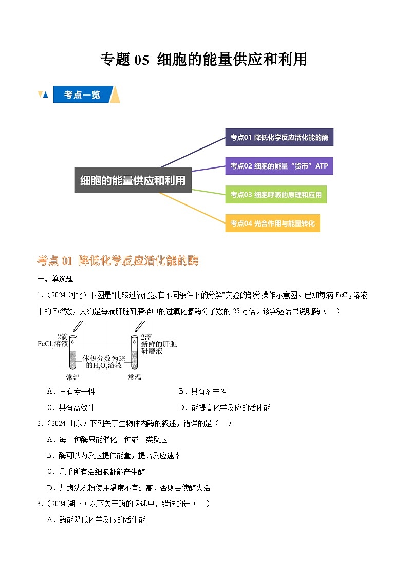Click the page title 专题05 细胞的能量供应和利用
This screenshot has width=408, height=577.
pyautogui.click(x=203, y=60)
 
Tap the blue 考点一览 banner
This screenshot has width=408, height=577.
pyautogui.click(x=82, y=95)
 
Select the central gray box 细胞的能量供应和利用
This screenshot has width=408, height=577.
pyautogui.click(x=133, y=180)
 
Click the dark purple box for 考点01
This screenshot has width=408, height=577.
pyautogui.click(x=279, y=137)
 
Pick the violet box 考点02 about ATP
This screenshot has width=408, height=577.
pyautogui.click(x=279, y=166)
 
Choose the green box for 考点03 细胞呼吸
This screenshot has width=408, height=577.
pyautogui.click(x=276, y=195)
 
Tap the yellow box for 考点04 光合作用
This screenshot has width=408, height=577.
pyautogui.click(x=272, y=223)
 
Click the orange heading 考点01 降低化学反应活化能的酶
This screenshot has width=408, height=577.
pyautogui.click(x=118, y=261)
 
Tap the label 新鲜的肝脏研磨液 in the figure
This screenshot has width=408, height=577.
pyautogui.click(x=159, y=344)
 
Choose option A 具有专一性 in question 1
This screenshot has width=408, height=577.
pyautogui.click(x=71, y=392)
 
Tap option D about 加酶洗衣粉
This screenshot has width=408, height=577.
pyautogui.click(x=128, y=488)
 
